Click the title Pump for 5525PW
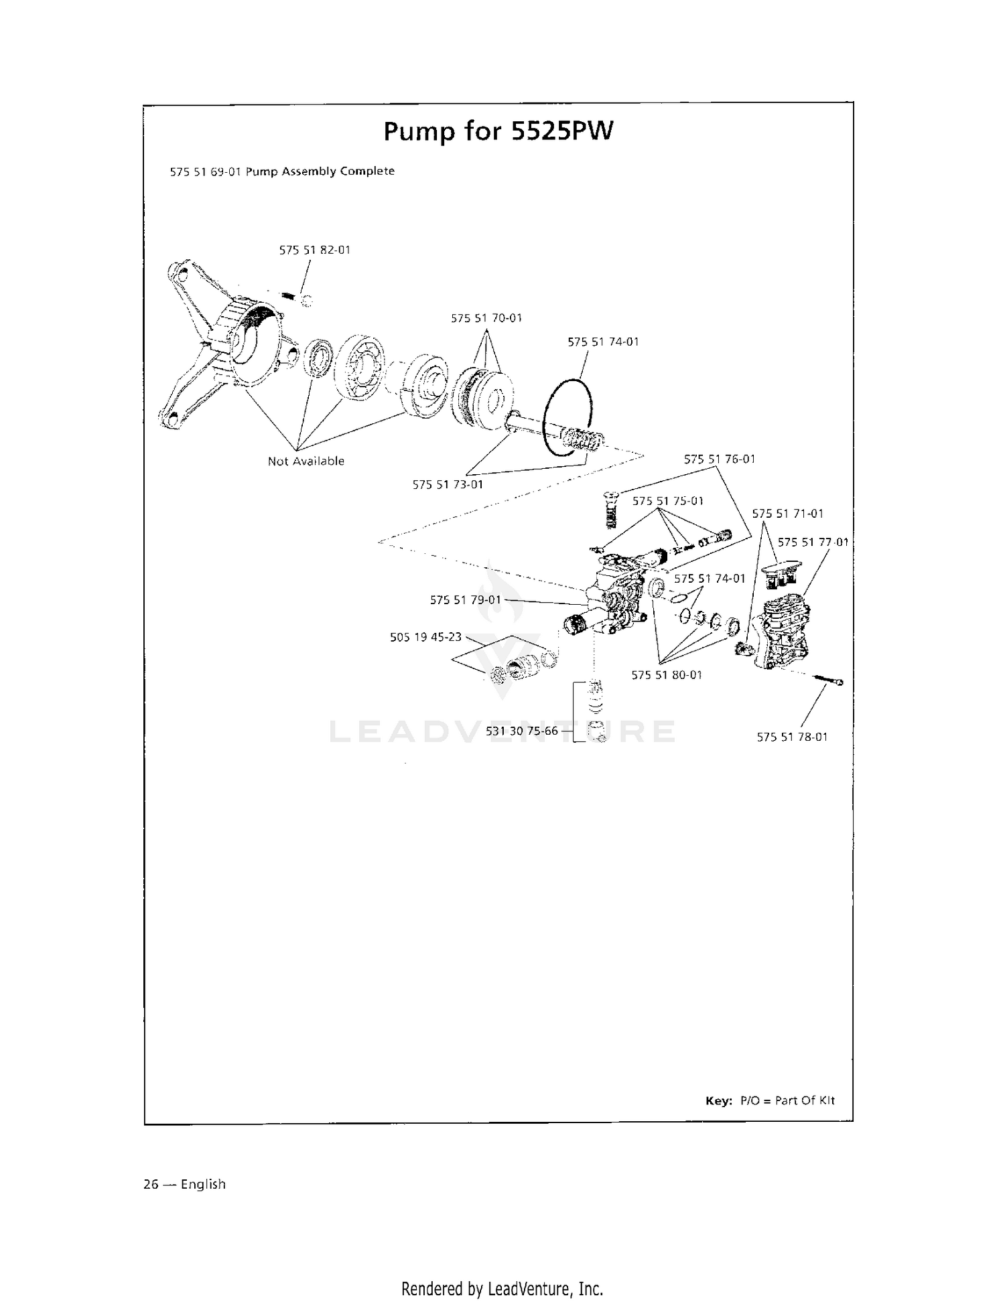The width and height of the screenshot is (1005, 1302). (498, 131)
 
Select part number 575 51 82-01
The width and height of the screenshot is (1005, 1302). (314, 250)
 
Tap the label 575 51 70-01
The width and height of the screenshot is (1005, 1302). (486, 318)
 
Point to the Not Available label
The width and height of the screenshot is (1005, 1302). (306, 461)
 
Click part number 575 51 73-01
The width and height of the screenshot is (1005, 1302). (448, 484)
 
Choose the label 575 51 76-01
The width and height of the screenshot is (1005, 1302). (720, 459)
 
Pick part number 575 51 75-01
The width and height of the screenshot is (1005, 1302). (668, 501)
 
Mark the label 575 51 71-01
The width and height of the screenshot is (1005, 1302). (788, 514)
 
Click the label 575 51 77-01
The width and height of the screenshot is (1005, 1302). (813, 542)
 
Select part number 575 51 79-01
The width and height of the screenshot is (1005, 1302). (466, 599)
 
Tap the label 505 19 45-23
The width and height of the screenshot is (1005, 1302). (425, 637)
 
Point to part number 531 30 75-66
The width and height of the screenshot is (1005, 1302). (522, 731)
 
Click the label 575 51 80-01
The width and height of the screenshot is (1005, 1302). (667, 675)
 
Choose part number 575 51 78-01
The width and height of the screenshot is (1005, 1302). (793, 737)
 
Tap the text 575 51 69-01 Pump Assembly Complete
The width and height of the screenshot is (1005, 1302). (282, 171)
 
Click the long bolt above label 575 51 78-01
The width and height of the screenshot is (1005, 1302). (828, 680)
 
